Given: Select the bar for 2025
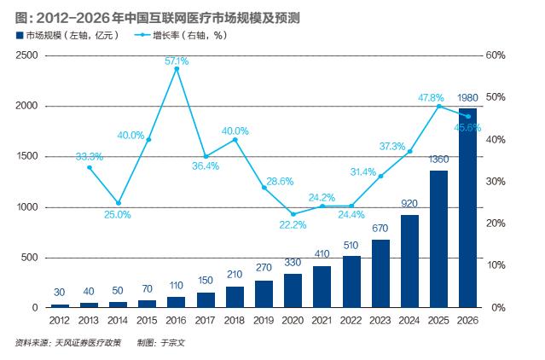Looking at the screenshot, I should (438, 239).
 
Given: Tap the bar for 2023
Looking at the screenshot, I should (380, 274).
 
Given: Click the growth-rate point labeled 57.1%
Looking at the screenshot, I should (177, 69).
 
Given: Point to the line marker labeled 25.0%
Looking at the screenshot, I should (119, 203).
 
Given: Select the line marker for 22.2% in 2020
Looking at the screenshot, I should (293, 214).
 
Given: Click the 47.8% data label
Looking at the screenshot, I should (430, 98).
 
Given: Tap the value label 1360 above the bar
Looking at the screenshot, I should (438, 160).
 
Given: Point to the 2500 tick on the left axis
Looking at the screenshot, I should (27, 55).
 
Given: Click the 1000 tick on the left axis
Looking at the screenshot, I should (27, 207).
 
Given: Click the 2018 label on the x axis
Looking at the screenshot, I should (235, 321).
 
